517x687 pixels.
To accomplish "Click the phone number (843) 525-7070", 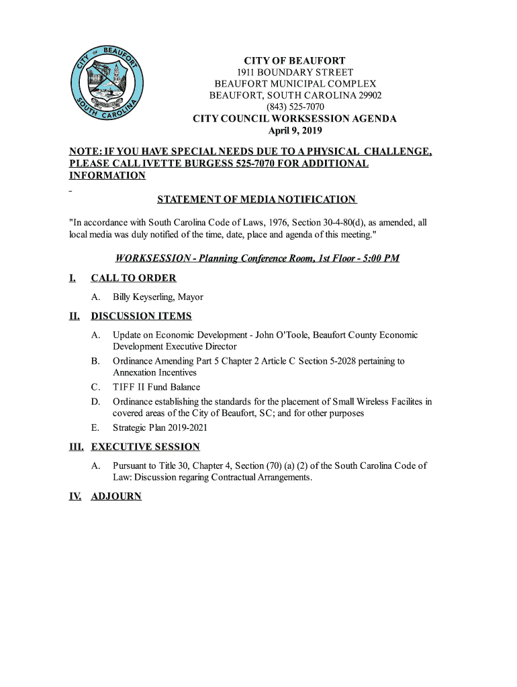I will [x=295, y=107].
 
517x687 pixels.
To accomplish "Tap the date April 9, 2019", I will [x=295, y=130].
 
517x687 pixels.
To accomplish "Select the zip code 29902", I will [x=369, y=95].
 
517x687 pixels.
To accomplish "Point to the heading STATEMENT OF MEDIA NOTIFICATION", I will [x=256, y=199].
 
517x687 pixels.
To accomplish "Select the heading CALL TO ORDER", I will [x=134, y=278].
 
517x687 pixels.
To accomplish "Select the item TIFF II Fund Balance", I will [x=156, y=387].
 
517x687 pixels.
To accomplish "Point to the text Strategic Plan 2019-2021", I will [x=160, y=427].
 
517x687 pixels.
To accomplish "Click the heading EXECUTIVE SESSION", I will [x=145, y=447].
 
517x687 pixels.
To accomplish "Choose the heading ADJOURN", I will [x=116, y=496].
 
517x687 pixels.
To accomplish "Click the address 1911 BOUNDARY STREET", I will [x=295, y=72].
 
